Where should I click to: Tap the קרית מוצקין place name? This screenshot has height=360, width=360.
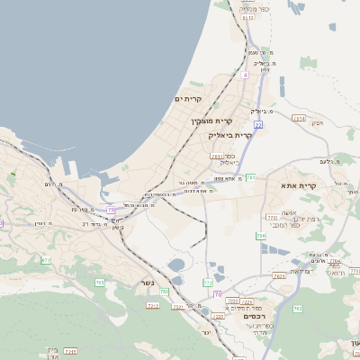coord(211,120)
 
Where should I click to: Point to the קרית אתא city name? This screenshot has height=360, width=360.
coord(308,185)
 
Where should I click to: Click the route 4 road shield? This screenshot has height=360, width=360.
coord(244,75)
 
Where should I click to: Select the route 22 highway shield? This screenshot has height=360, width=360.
coord(258,125)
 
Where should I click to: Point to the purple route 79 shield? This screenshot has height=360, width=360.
coord(111,210)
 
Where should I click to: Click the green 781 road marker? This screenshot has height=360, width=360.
coord(251,177)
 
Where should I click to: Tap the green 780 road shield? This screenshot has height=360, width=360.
coord(260,236)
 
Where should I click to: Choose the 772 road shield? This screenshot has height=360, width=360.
coord(272,217)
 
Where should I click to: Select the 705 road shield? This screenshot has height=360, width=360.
coord(99,283)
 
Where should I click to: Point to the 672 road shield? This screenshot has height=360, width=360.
coord(46,260)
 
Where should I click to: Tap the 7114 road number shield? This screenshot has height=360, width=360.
coord(299,118)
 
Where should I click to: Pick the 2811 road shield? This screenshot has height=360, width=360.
coord(216,157)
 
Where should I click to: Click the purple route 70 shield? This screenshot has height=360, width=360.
coord(218,294)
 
